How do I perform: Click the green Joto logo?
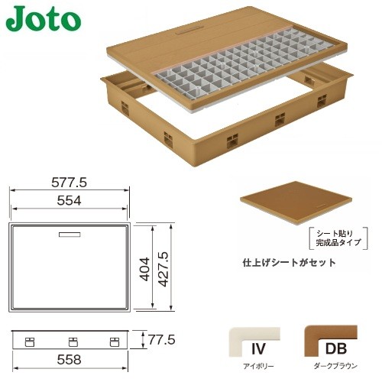click(x=44, y=19)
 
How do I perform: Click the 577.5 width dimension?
click(x=70, y=183)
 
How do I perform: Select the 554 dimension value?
click(x=70, y=201)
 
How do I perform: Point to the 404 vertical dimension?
click(x=145, y=269)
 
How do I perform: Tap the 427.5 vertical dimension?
click(x=163, y=269)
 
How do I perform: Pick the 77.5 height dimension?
click(x=162, y=340)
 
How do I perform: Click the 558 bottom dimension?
click(x=70, y=360)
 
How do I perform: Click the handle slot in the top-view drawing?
click(x=70, y=235)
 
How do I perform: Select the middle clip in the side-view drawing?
click(x=73, y=342)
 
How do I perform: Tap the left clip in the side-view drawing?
click(x=30, y=342)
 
